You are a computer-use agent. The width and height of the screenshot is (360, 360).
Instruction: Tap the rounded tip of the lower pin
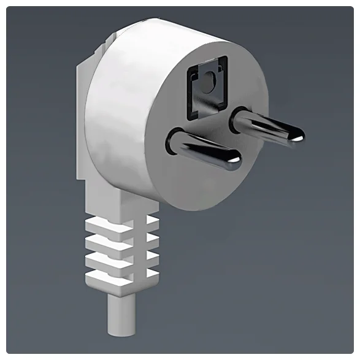click(234, 161)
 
